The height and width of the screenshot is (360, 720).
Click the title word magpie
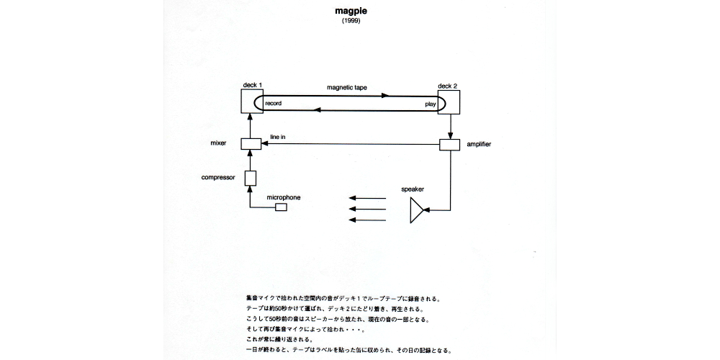[351, 12]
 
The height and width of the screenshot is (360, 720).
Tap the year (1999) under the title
[351, 22]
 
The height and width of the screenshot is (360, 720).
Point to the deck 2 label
[447, 86]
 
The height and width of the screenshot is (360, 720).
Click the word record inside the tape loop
[274, 104]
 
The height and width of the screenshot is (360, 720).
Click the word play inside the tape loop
[430, 104]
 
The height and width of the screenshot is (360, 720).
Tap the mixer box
[251, 144]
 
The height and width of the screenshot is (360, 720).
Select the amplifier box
[450, 145]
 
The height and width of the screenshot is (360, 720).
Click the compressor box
[251, 178]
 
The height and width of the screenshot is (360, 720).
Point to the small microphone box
[281, 208]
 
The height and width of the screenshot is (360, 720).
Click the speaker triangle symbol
[417, 211]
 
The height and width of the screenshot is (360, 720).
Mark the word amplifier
[481, 145]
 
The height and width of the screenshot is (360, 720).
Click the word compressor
[218, 177]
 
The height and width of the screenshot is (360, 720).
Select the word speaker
[413, 190]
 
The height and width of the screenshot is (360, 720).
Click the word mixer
[218, 143]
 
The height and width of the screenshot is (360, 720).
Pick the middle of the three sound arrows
[367, 209]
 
